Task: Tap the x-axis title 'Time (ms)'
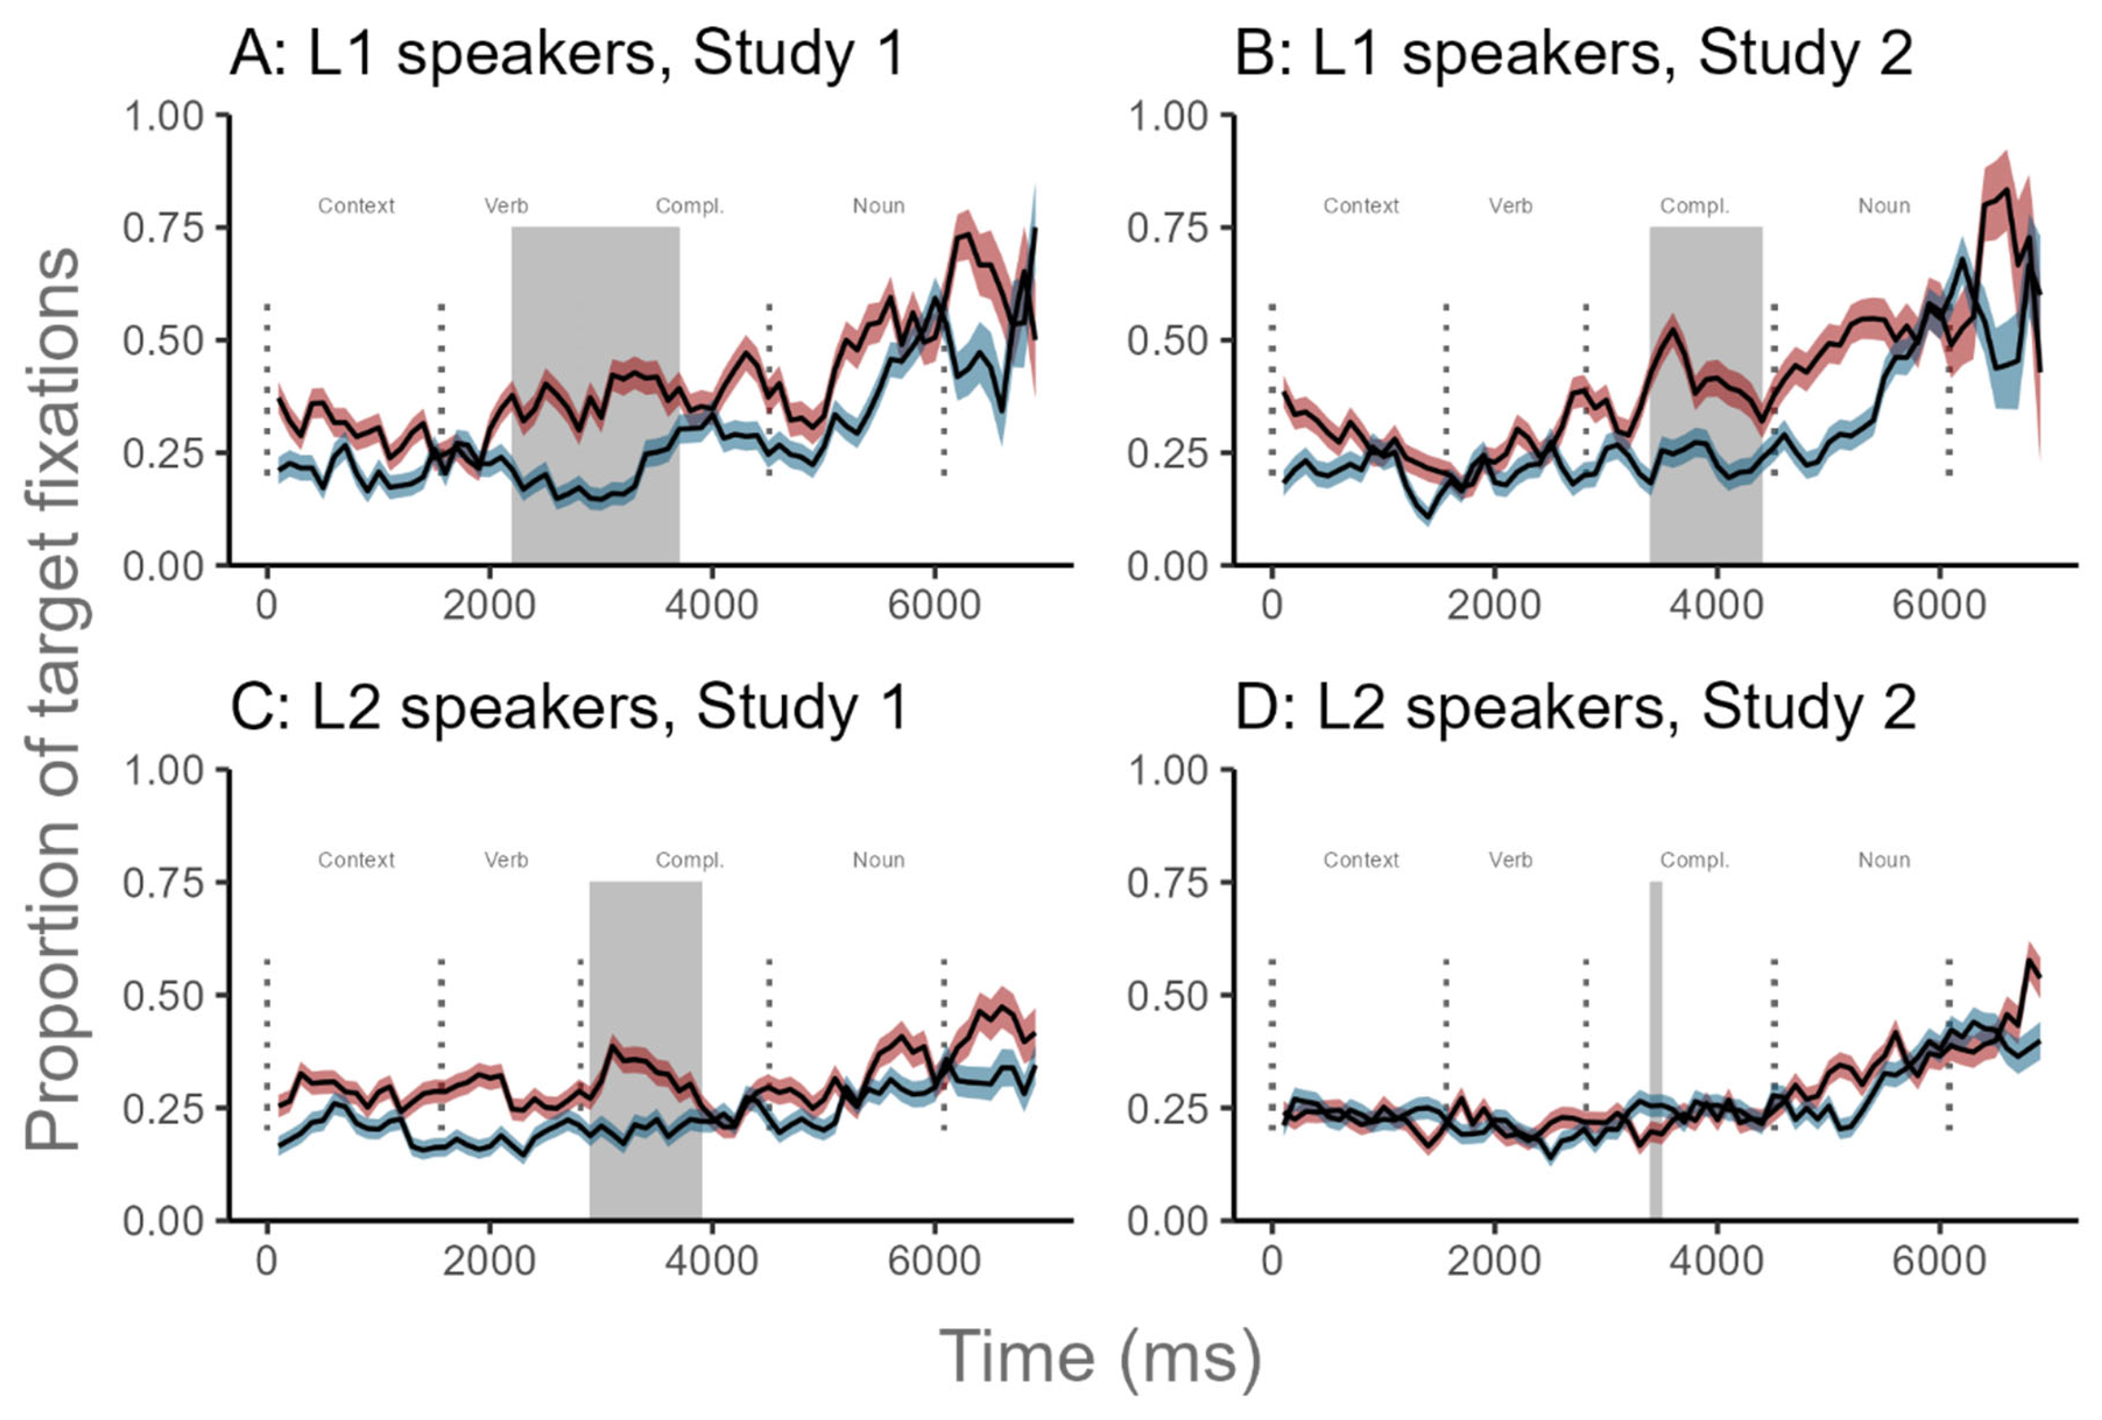click(x=1099, y=1357)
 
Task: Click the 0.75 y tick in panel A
click(x=163, y=228)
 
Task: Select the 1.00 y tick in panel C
click(x=163, y=771)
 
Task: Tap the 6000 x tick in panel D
click(x=1939, y=1260)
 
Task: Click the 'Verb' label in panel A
click(x=506, y=206)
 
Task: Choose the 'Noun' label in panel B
click(x=1884, y=206)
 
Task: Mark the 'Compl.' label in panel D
click(x=1694, y=860)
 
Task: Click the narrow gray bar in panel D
click(x=1655, y=1049)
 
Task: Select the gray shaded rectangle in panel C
click(x=645, y=1049)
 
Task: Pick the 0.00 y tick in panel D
click(x=1168, y=1221)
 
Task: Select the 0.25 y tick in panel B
click(x=1168, y=454)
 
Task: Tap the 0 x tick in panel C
click(x=266, y=1260)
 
